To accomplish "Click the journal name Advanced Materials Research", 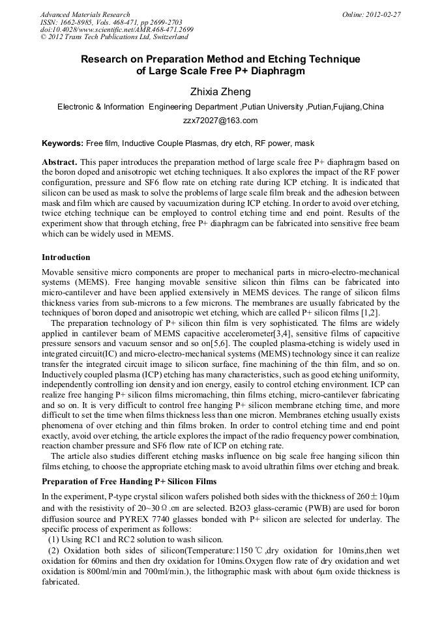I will pos(85,14).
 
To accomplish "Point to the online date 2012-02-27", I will pos(385,14).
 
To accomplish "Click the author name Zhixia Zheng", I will pos(220,92).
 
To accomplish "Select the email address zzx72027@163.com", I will pos(220,121).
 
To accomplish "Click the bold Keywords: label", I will pos(63,143).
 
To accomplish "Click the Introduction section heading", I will pos(66,257).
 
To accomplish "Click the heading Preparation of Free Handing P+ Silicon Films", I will pos(128,482).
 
